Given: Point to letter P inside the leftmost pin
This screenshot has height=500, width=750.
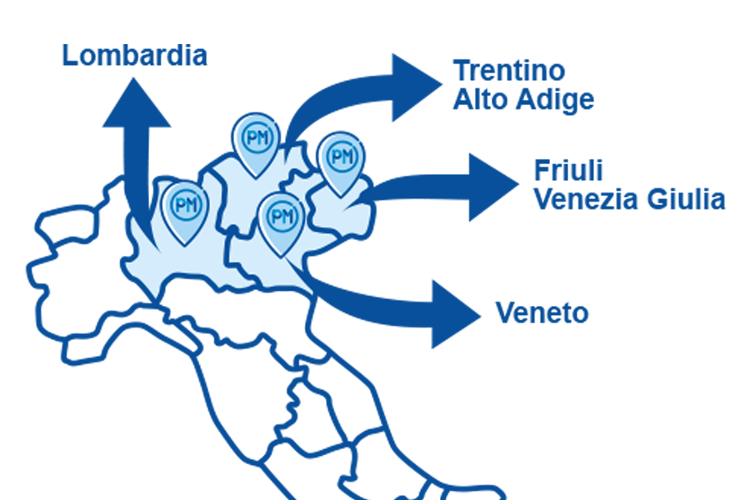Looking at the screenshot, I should (178, 203).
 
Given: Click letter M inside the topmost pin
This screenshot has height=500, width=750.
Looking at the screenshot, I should (263, 137).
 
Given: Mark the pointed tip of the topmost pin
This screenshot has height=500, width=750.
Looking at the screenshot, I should (257, 177).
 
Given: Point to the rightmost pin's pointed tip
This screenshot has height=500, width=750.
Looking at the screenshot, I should (340, 196).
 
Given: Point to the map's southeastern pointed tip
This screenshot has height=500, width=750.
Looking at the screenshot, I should (311, 292).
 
